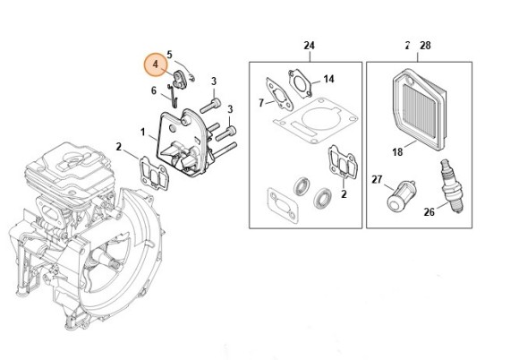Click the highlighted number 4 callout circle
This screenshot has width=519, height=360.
156,65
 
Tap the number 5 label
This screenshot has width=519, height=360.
169,55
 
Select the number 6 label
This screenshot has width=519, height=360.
153,90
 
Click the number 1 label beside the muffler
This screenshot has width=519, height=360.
142,133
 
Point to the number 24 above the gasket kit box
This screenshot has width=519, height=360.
309,45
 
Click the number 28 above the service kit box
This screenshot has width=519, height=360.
424,45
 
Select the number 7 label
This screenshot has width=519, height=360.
260,104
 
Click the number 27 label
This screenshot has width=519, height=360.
377,179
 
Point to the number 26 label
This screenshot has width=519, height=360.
429,212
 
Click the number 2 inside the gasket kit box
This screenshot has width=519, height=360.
345,192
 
